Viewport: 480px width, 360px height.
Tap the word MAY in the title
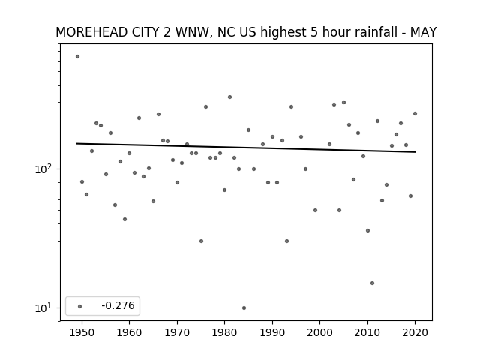423,32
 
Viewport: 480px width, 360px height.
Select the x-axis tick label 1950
82,332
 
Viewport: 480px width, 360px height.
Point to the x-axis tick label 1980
224,332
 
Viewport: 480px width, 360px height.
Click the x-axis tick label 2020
415,332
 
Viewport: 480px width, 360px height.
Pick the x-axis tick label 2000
319,332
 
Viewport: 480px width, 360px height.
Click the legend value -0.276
118,305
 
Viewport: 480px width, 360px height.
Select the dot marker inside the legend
80,306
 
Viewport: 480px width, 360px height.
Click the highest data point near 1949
77,57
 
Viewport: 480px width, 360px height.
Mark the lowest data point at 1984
244,308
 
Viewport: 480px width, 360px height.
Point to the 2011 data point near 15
372,283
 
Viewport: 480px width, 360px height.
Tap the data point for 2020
415,113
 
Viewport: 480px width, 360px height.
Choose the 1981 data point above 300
229,97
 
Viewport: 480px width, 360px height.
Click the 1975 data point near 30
201,241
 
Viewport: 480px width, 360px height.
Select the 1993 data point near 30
286,241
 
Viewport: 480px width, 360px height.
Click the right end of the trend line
415,151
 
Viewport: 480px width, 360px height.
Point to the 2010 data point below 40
367,230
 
